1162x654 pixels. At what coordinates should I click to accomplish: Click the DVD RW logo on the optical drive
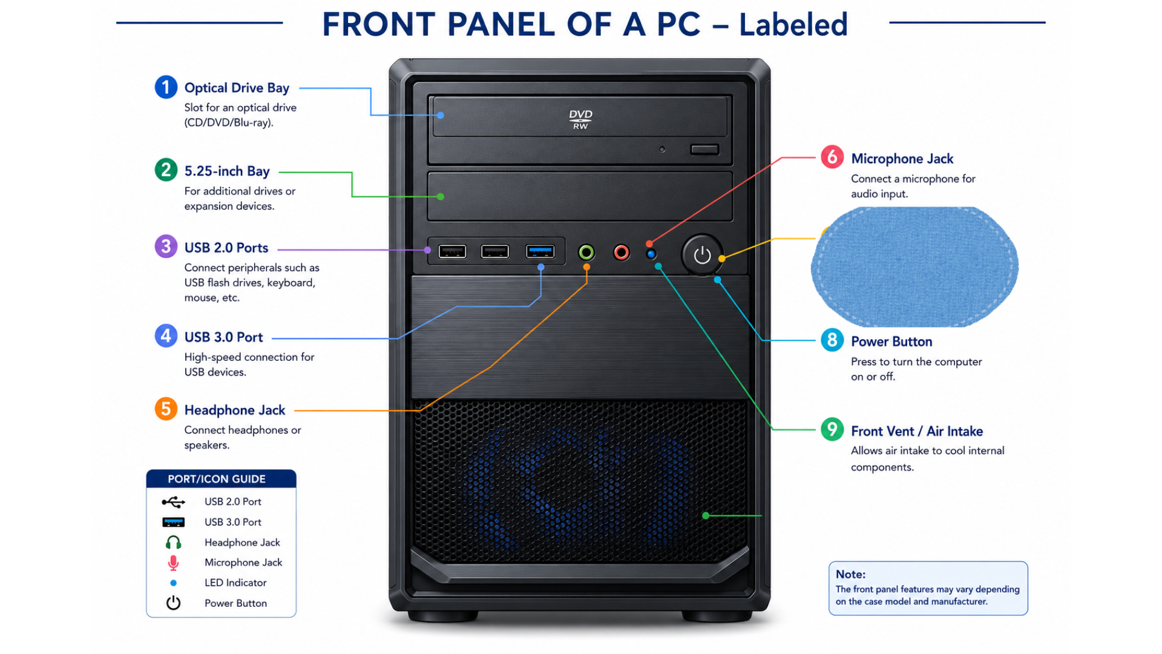(580, 119)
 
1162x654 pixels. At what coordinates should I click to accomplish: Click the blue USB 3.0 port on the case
(540, 251)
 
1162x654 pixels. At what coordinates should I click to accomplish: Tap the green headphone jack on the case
(586, 252)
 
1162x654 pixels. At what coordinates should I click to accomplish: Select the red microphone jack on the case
(622, 252)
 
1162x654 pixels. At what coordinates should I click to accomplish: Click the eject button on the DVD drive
(704, 149)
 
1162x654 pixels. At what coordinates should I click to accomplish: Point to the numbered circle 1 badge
(166, 87)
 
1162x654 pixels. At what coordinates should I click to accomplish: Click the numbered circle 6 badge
(832, 157)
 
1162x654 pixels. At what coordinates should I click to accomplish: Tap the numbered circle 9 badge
(832, 429)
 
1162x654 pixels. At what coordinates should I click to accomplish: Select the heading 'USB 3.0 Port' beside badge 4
(223, 337)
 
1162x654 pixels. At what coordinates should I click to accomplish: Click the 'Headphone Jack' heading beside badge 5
(235, 410)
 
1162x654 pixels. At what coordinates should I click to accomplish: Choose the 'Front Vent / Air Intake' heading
(917, 431)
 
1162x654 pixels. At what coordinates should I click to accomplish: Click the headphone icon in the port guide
(173, 543)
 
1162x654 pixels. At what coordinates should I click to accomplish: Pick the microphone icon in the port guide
(173, 563)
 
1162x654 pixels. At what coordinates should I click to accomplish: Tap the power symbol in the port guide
(173, 603)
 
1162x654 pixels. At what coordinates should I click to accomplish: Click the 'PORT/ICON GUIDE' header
(217, 479)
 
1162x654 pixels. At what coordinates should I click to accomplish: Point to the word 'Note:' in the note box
(850, 574)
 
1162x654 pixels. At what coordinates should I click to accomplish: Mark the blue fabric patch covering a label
(914, 267)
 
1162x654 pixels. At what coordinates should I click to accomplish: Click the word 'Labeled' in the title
(793, 24)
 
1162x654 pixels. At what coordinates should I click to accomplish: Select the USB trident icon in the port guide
(173, 502)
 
